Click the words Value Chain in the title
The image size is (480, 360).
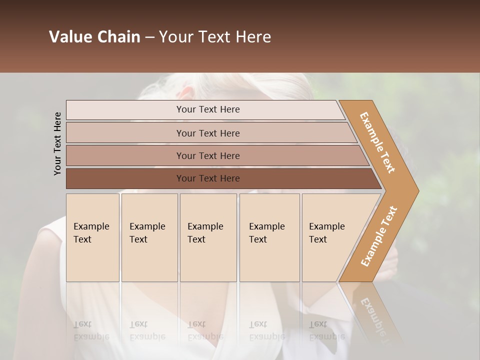(94, 37)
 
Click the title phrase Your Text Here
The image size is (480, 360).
(215, 37)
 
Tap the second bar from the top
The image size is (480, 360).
(208, 133)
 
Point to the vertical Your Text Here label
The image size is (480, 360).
(57, 143)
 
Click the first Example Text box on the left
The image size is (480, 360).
(92, 237)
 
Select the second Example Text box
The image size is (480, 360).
(149, 237)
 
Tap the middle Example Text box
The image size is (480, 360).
(208, 237)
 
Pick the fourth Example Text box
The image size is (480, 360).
(269, 237)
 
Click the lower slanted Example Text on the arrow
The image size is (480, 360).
(379, 236)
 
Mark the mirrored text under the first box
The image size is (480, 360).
(91, 330)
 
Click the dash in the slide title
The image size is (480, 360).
(149, 37)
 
